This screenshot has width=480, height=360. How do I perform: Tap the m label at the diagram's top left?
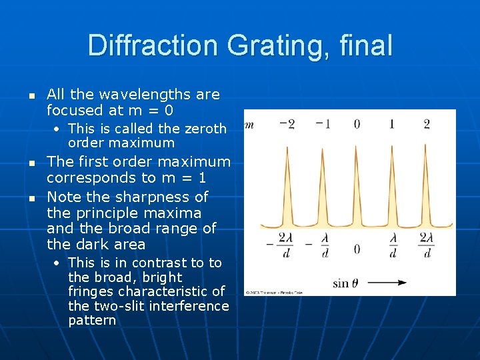point(249,124)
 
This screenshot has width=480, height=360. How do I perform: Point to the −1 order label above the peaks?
point(323,124)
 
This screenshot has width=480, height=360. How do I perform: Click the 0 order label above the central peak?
point(357,124)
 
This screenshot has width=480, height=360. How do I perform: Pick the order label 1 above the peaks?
point(391,124)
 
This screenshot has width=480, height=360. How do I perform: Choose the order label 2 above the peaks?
point(427,124)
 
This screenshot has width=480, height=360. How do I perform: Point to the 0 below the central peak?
point(357,248)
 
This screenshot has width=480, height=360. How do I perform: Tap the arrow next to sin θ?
point(387,283)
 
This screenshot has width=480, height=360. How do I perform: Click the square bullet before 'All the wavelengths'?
point(31,96)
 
